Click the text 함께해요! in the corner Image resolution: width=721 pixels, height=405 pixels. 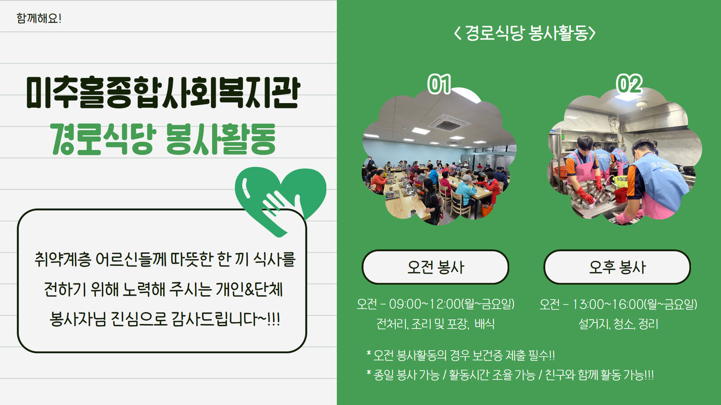pyautogui.click(x=39, y=18)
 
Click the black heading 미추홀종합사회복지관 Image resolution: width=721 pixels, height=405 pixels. pyautogui.click(x=163, y=93)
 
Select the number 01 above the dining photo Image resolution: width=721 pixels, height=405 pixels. pyautogui.click(x=439, y=84)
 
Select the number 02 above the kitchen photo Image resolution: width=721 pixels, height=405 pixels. pyautogui.click(x=629, y=84)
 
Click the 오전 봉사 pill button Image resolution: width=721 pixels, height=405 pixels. pyautogui.click(x=435, y=267)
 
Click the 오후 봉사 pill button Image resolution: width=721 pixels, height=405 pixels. pyautogui.click(x=617, y=267)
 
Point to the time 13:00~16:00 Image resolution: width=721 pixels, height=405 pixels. pyautogui.click(x=608, y=304)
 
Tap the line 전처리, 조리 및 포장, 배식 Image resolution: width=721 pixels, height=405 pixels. pyautogui.click(x=435, y=324)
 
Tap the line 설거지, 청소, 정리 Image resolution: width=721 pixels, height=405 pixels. pyautogui.click(x=618, y=324)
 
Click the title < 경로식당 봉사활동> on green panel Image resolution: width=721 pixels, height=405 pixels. pyautogui.click(x=525, y=33)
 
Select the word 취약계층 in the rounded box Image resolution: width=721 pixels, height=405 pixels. pyautogui.click(x=63, y=259)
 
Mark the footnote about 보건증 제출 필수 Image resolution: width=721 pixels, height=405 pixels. pyautogui.click(x=461, y=355)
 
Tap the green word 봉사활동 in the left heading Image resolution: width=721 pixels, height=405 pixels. pyautogui.click(x=221, y=139)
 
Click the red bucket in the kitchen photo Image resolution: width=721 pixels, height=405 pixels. pyautogui.click(x=621, y=195)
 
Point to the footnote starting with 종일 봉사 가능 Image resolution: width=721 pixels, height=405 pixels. pyautogui.click(x=510, y=375)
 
